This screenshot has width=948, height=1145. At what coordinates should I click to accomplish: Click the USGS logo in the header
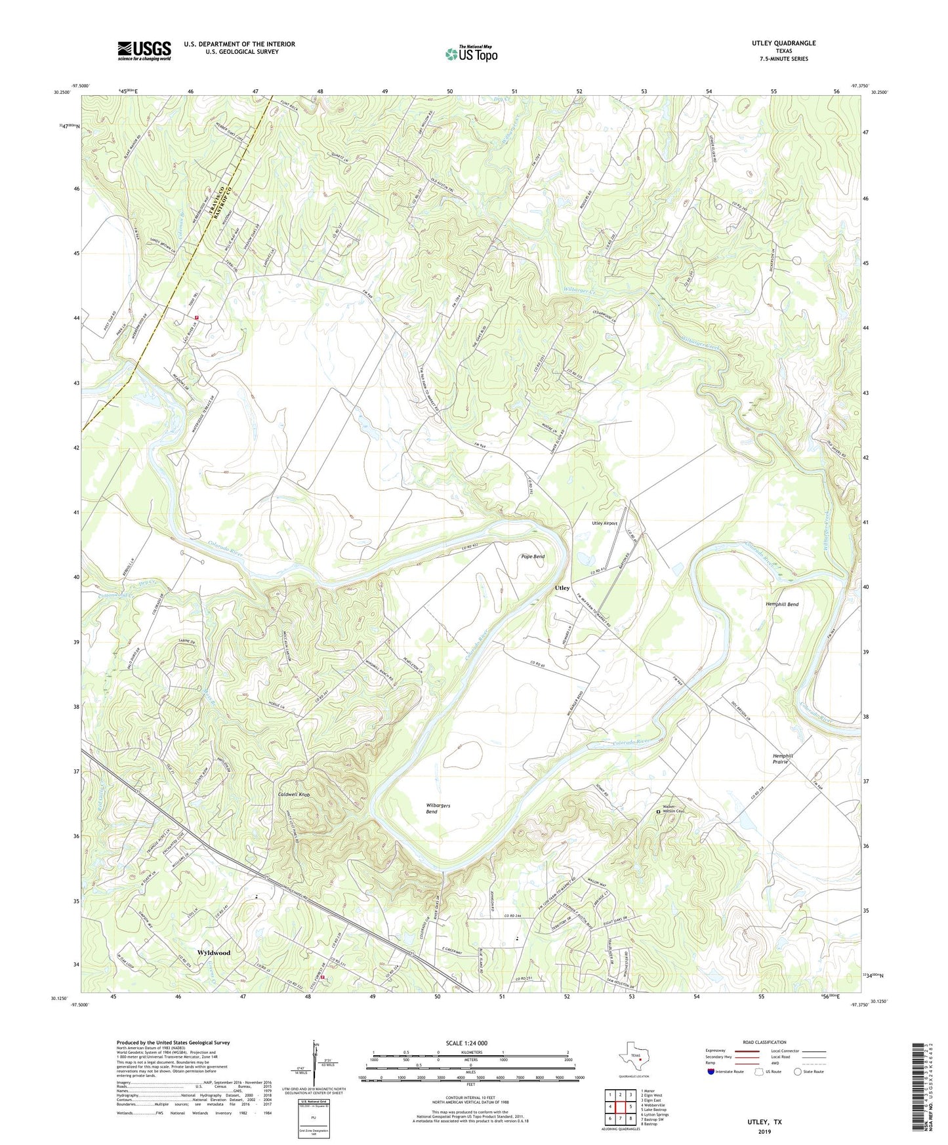(144, 50)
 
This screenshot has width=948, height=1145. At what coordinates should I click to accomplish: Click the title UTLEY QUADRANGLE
(783, 43)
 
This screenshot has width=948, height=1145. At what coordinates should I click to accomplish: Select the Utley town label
(562, 588)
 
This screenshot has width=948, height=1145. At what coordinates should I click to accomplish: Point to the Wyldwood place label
(214, 952)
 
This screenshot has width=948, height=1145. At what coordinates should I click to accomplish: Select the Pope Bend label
(533, 557)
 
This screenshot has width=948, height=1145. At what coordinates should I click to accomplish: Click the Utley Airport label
(604, 523)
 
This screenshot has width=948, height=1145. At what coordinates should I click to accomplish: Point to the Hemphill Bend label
(781, 604)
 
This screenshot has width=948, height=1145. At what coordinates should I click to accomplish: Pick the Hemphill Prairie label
(783, 759)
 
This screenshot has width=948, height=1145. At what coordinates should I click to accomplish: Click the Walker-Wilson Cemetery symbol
(659, 813)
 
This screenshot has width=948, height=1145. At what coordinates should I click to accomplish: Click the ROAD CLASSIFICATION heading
(764, 1042)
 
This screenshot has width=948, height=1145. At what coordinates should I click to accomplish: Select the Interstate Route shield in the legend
(712, 1072)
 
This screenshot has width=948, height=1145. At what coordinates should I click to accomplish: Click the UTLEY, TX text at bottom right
(764, 1122)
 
